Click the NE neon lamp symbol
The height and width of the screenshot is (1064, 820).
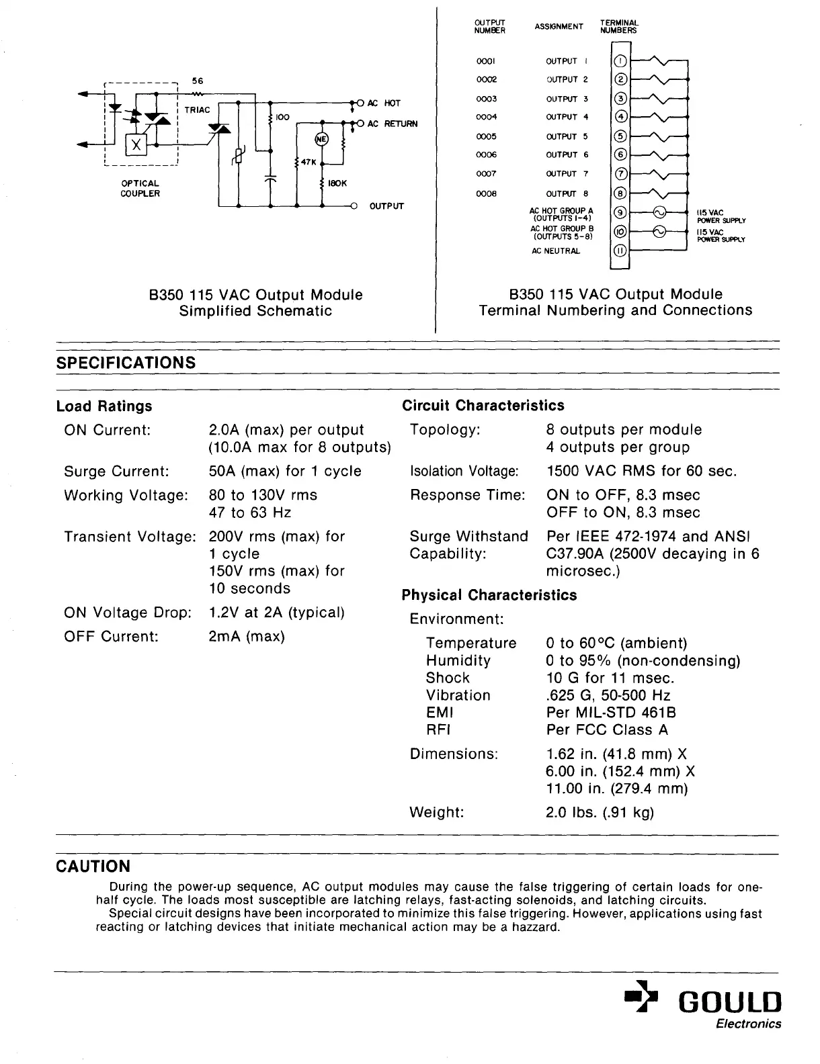(x=321, y=139)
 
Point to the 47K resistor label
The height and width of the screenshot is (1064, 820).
(x=309, y=162)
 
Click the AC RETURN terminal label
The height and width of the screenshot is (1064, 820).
(x=392, y=124)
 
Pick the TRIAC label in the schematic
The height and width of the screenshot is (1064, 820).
(x=197, y=110)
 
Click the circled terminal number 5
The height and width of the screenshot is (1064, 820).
(x=621, y=136)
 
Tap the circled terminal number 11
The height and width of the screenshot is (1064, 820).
(x=621, y=251)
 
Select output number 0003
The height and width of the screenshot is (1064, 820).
(x=486, y=99)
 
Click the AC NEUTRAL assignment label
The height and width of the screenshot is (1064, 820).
(x=555, y=251)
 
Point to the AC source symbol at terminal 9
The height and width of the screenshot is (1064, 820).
(x=659, y=213)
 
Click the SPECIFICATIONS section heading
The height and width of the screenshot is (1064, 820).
(x=126, y=363)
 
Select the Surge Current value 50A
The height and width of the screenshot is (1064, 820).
(x=285, y=471)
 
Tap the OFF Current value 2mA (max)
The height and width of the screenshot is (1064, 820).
(x=247, y=636)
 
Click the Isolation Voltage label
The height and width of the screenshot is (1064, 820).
(x=464, y=471)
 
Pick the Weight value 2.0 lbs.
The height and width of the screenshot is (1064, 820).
(x=600, y=812)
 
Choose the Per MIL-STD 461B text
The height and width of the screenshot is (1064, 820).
(x=611, y=712)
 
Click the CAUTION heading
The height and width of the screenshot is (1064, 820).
(x=93, y=867)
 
